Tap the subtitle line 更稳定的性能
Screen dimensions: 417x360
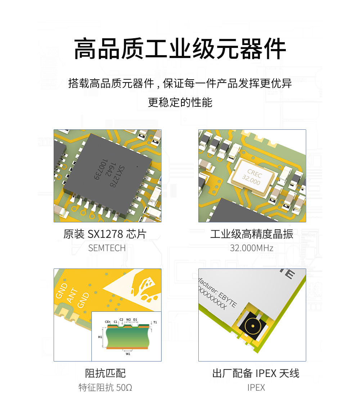[x=180, y=102]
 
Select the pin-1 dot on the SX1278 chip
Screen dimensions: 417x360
[x=137, y=167]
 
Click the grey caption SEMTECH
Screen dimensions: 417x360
[x=107, y=248]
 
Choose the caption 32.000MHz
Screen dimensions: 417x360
[x=252, y=248]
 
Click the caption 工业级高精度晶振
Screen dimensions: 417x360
[x=252, y=234]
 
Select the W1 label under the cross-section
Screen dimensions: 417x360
[x=128, y=354]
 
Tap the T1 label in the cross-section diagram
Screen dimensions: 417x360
[x=155, y=322]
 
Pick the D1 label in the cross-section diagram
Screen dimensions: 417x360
[x=135, y=319]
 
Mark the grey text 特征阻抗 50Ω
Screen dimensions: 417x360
[x=105, y=387]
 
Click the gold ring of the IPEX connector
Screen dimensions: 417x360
[x=252, y=326]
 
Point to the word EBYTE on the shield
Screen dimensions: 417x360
[x=227, y=298]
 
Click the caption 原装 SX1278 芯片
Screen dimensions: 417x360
[x=105, y=234]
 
